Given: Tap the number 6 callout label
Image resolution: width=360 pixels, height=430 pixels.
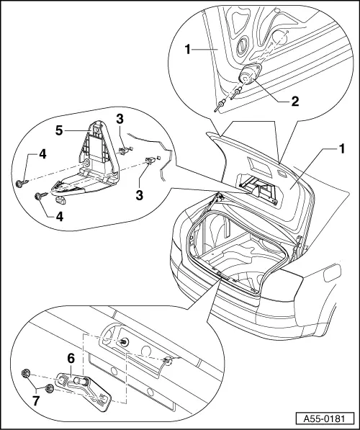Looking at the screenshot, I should [71, 357].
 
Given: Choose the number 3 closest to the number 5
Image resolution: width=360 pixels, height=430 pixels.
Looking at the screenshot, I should [120, 119].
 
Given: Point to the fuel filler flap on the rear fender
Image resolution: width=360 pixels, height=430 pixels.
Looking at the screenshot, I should [333, 274].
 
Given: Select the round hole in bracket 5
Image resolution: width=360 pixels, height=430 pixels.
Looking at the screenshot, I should [87, 166].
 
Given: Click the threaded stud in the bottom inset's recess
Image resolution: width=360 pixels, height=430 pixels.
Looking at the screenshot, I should [125, 342].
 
